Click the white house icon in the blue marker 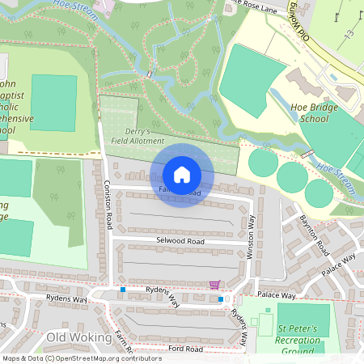pos(182,174)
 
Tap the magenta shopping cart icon pos(214,284)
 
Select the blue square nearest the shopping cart pos(220,299)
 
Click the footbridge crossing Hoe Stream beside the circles pos(307,153)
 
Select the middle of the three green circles pos(291,175)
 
